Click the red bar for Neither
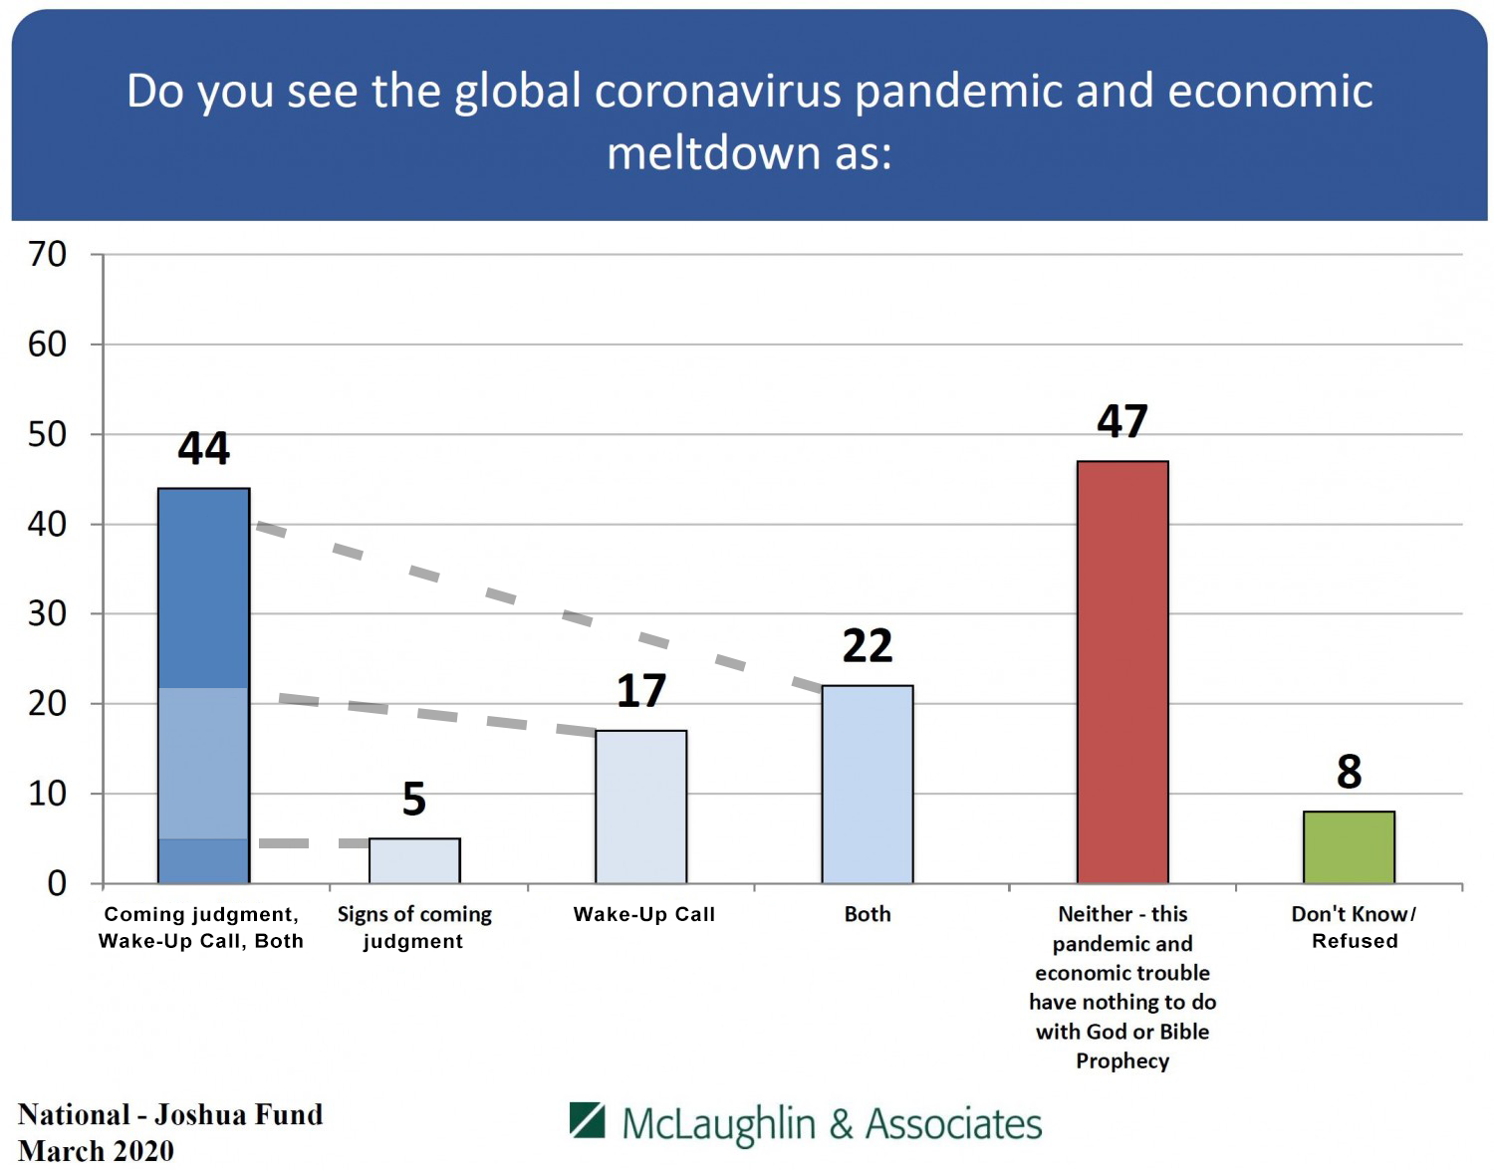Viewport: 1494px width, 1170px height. [x=1122, y=671]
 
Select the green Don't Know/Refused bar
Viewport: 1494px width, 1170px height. [x=1349, y=846]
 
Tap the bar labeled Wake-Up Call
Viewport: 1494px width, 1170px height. [x=640, y=807]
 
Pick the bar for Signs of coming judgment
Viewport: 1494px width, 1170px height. [x=414, y=860]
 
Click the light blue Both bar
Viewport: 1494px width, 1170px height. [x=868, y=784]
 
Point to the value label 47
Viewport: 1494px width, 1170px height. [x=1122, y=421]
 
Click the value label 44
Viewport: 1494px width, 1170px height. [x=203, y=449]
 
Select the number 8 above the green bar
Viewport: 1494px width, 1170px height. [x=1349, y=772]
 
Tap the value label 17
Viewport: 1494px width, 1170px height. [x=640, y=690]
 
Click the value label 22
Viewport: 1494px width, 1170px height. [x=868, y=646]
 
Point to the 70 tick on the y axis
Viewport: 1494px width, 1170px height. [x=47, y=254]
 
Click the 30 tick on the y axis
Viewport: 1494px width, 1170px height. [x=47, y=613]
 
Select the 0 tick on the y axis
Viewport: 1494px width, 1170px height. [x=57, y=883]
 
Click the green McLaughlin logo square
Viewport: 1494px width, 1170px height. [x=588, y=1120]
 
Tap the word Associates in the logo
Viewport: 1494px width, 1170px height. [x=953, y=1124]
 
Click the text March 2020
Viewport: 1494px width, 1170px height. [x=97, y=1151]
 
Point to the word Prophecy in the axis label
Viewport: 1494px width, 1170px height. [x=1122, y=1061]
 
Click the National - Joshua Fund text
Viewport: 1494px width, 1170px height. [x=170, y=1114]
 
